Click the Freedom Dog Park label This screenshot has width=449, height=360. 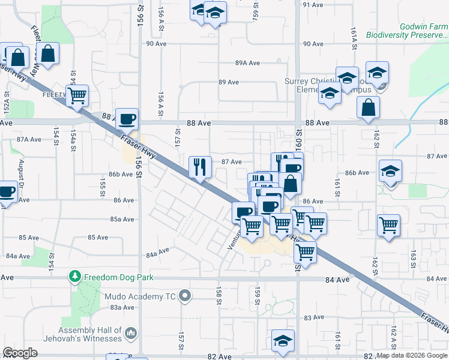point(119,277)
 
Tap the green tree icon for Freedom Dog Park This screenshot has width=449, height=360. point(75,277)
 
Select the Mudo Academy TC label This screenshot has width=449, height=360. point(142,296)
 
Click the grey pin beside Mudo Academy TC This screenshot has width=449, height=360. point(185,295)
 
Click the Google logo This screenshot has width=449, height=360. point(20,353)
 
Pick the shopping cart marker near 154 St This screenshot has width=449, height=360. point(77,95)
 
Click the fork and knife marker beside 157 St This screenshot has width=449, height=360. point(200,166)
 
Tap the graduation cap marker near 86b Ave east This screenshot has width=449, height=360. point(390,172)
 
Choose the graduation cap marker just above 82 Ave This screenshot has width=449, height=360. point(283,340)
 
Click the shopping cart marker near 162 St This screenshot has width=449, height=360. point(388,225)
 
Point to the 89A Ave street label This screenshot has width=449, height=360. point(247,63)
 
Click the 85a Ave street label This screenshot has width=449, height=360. point(122,219)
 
